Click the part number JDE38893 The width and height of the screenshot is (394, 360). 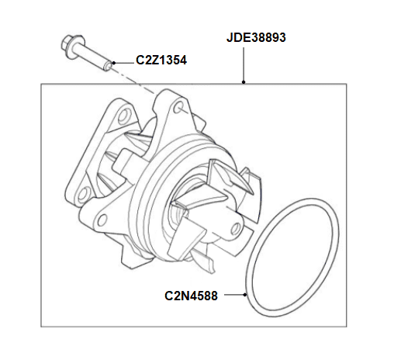256,36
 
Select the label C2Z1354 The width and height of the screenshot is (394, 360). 161,59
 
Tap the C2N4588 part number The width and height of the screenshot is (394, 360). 191,296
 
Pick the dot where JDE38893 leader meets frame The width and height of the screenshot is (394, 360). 244,83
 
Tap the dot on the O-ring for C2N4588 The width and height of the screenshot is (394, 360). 247,296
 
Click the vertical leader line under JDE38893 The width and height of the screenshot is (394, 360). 244,65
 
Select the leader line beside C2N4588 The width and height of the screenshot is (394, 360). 230,296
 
